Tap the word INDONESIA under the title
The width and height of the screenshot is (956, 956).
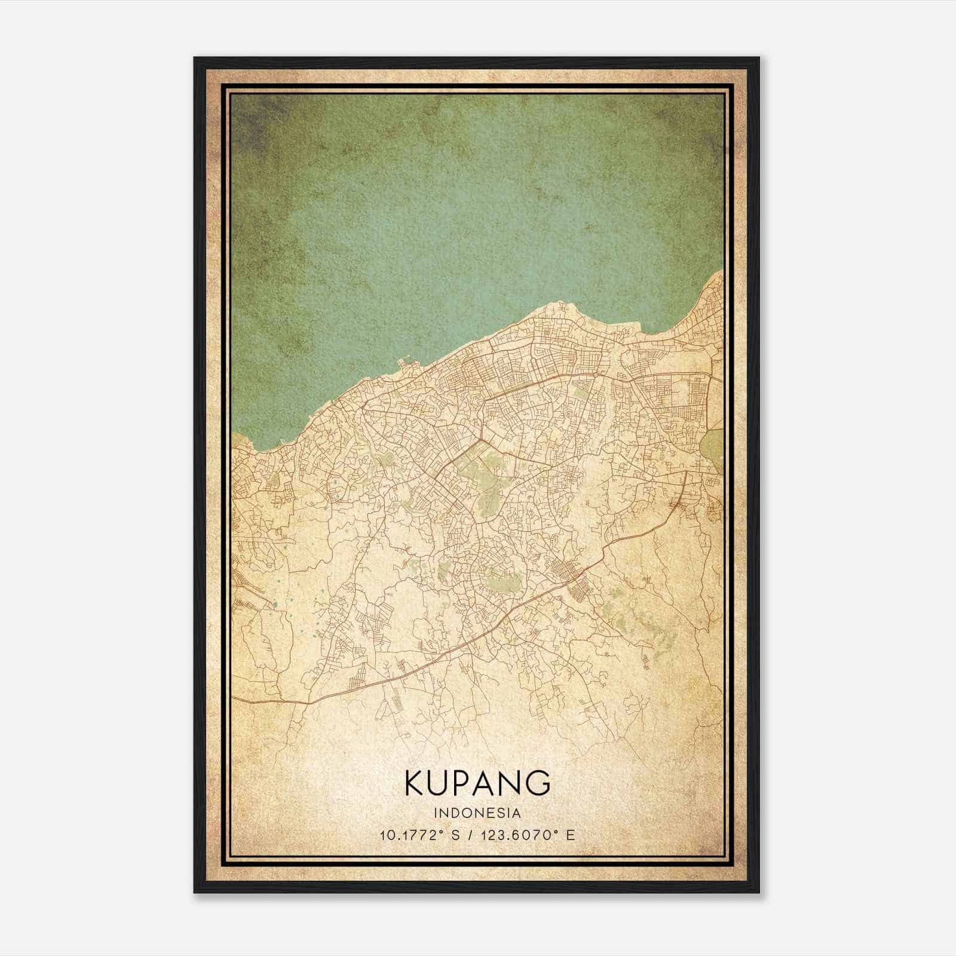point(477,813)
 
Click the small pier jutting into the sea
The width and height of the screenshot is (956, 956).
point(404,361)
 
